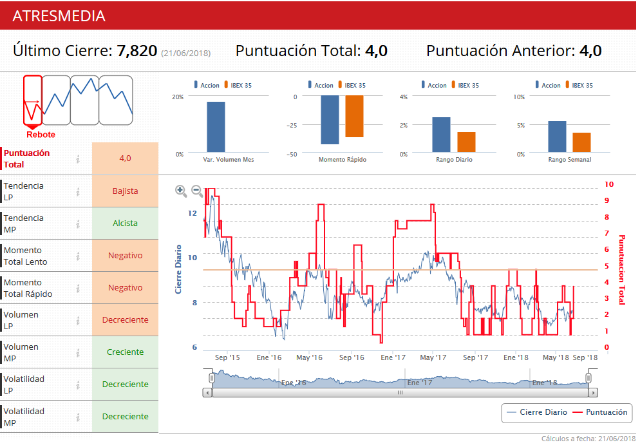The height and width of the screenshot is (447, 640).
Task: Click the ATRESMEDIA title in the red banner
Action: click(59, 16)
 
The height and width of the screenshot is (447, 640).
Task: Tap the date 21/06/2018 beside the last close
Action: click(185, 53)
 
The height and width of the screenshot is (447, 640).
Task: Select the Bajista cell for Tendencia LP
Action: click(125, 191)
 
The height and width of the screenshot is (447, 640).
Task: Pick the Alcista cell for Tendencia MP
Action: click(125, 223)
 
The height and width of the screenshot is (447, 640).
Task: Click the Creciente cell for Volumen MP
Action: click(125, 352)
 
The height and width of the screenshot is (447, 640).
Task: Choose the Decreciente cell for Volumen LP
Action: click(125, 320)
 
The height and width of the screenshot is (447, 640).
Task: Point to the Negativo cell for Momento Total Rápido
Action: click(125, 288)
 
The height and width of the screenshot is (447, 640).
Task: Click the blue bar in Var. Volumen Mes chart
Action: click(216, 126)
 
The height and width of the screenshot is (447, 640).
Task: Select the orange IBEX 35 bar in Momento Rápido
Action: click(354, 117)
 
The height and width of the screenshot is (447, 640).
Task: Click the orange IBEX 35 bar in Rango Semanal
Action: click(581, 142)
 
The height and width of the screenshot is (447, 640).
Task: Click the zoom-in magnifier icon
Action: click(181, 191)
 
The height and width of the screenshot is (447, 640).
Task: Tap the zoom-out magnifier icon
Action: click(197, 191)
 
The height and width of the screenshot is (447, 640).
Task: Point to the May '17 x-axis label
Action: click(433, 357)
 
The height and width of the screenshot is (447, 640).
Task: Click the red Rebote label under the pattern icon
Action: click(41, 135)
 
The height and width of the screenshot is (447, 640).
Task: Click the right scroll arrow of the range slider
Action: click(593, 392)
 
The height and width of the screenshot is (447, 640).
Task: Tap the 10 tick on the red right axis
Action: click(609, 184)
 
